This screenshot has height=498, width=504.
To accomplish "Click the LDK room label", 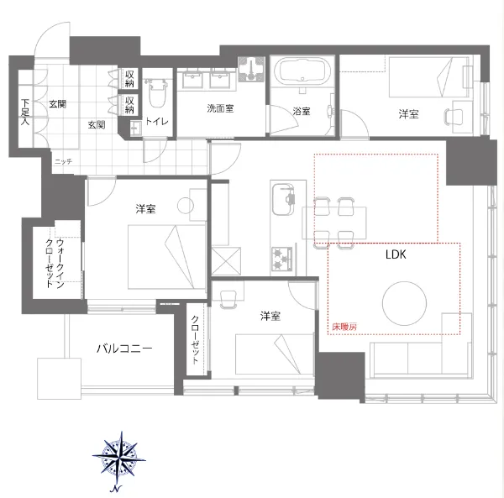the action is coord(396,254).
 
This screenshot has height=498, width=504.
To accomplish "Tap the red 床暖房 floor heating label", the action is coord(344,327).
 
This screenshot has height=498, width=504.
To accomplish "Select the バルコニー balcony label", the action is coord(124,349).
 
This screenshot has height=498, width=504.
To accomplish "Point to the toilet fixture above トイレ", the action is coord(156,93).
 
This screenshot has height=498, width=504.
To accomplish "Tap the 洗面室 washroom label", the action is coord(220,108).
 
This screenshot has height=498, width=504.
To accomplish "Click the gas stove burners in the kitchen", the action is coord(281,259).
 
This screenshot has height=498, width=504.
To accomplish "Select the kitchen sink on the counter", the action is coord(283,200).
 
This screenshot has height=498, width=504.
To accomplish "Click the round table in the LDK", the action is coord(404,303).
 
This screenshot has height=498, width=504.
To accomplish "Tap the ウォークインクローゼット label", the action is coord(55,263).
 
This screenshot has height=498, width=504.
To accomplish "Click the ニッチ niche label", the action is coord(63,161).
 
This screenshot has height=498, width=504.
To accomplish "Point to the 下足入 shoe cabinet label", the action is coord(25,112).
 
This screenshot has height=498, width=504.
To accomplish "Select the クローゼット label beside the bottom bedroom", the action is coord(195,339).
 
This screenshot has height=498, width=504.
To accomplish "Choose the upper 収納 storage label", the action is coord(129,79).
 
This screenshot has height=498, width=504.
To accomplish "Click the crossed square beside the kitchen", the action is coord(226,261).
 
